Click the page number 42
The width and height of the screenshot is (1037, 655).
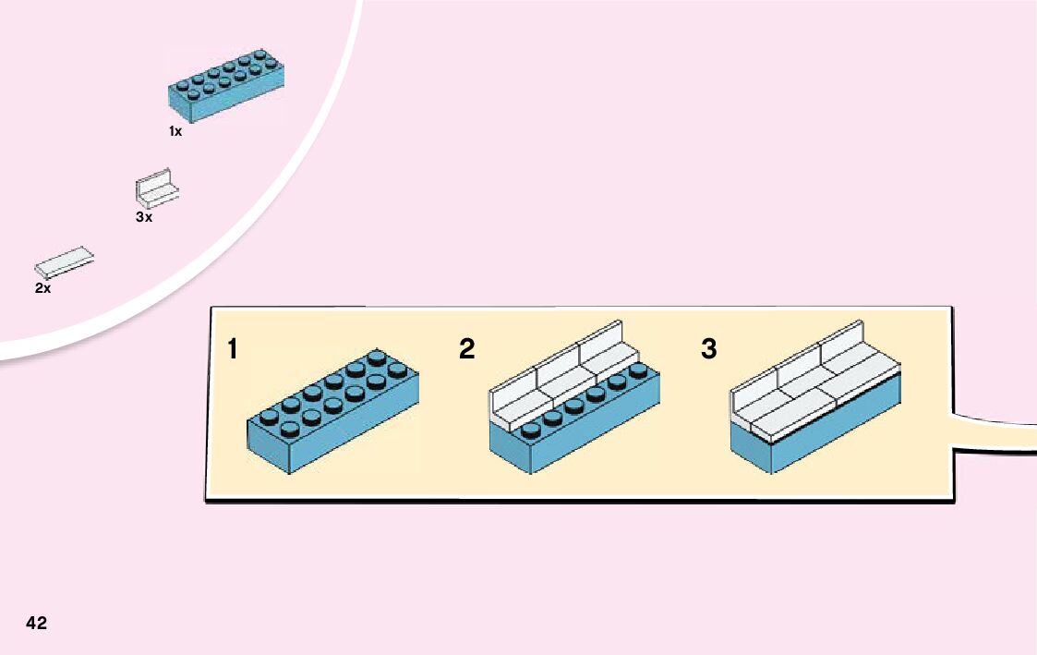coord(37,623)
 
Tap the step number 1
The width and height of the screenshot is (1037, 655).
coord(233,349)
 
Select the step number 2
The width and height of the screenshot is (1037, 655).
coord(467,349)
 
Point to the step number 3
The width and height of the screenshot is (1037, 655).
coord(708,349)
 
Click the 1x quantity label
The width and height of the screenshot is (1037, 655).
coord(175,131)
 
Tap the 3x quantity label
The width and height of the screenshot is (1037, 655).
coord(143,217)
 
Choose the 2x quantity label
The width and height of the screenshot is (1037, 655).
coord(42,288)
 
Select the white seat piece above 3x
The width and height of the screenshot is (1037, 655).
coord(157,187)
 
